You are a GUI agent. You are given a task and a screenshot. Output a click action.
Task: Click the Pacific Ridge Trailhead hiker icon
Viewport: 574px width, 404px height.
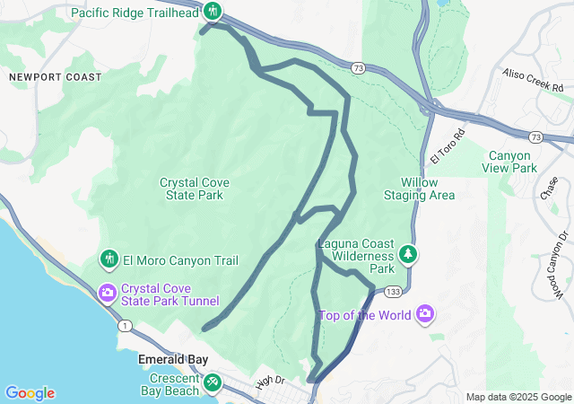click(x=212, y=13)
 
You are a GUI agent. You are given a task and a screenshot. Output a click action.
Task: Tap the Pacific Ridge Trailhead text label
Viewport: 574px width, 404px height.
click(x=135, y=13)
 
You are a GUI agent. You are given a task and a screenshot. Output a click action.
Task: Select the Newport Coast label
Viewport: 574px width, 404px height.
click(x=56, y=77)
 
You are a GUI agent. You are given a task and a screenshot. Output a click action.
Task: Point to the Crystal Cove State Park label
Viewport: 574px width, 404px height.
click(x=195, y=189)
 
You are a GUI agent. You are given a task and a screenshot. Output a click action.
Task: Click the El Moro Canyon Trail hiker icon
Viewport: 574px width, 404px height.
click(x=109, y=260)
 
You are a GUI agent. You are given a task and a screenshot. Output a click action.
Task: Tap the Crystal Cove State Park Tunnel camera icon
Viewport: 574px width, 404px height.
click(x=108, y=293)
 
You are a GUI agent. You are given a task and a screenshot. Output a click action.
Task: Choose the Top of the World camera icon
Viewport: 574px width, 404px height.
click(x=424, y=314)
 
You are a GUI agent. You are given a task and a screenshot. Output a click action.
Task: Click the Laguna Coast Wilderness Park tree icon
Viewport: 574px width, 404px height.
click(x=408, y=256)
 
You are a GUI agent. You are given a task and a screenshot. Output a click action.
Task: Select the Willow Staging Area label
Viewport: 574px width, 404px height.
click(x=419, y=189)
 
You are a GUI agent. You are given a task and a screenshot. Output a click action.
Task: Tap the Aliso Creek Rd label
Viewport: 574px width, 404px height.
click(x=533, y=82)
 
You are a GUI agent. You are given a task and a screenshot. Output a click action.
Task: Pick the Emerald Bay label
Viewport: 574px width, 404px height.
click(x=173, y=360)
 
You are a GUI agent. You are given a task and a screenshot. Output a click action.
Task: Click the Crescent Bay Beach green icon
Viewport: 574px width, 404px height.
click(x=213, y=383)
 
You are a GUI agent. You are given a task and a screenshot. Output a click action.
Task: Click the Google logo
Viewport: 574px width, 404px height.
click(x=30, y=393)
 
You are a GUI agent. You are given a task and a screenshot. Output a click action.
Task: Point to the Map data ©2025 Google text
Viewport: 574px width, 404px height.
click(x=517, y=397)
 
